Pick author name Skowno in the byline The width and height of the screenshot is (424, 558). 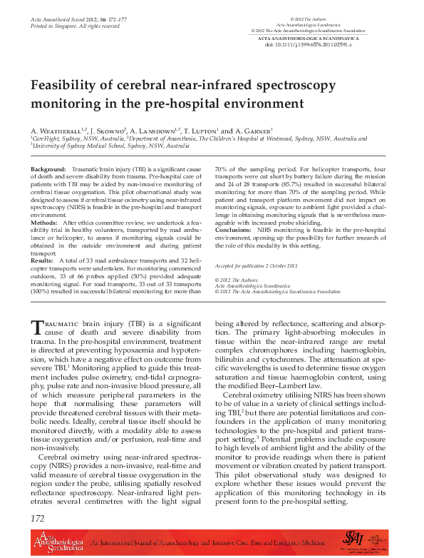tap(110, 133)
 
